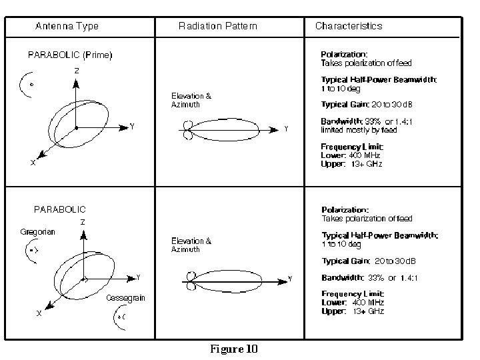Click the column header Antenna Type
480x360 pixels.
[67, 26]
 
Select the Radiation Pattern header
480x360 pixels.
[217, 26]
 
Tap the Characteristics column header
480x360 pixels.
[349, 26]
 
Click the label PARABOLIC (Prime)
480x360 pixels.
[70, 55]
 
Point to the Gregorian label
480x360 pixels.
[37, 232]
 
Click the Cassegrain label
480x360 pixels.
[126, 298]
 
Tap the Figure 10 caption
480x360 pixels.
[233, 349]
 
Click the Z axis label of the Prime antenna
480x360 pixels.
[77, 70]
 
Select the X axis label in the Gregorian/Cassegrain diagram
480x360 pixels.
[39, 312]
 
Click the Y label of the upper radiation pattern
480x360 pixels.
[286, 129]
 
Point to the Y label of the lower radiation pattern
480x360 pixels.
[289, 279]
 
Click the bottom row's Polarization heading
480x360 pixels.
[345, 209]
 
